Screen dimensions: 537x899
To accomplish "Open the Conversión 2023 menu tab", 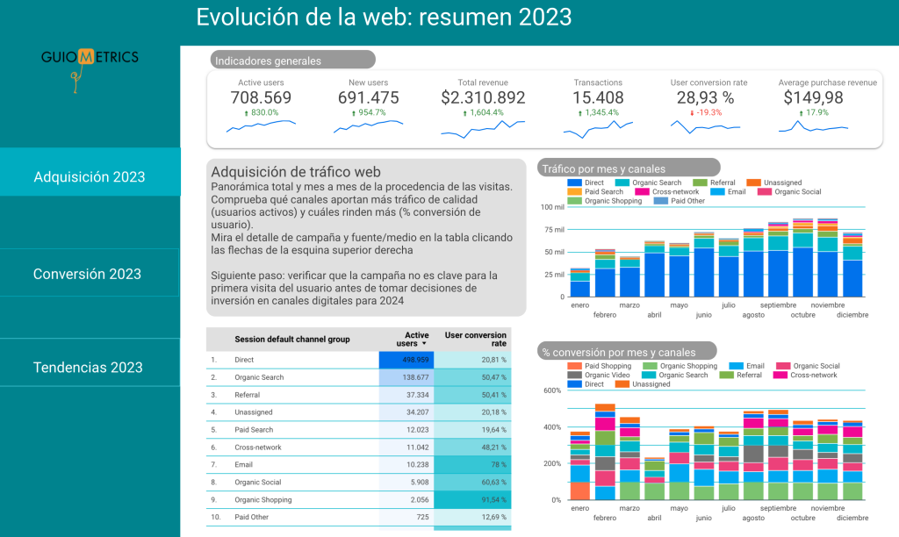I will click(88, 274).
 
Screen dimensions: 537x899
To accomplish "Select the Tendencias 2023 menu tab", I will click(88, 367).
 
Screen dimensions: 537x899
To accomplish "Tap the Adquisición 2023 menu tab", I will click(89, 176).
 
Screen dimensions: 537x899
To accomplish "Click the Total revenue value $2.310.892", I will click(483, 97).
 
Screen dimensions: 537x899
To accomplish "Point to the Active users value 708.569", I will click(261, 97).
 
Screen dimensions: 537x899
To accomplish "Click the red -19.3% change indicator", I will click(706, 112).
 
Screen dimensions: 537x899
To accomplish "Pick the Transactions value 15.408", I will click(598, 97).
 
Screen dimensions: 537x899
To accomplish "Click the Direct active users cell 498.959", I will click(407, 360).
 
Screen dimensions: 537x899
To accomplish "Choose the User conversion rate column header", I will click(475, 340).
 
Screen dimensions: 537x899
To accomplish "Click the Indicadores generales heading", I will click(269, 61).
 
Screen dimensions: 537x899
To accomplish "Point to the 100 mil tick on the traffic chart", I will click(552, 207).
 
